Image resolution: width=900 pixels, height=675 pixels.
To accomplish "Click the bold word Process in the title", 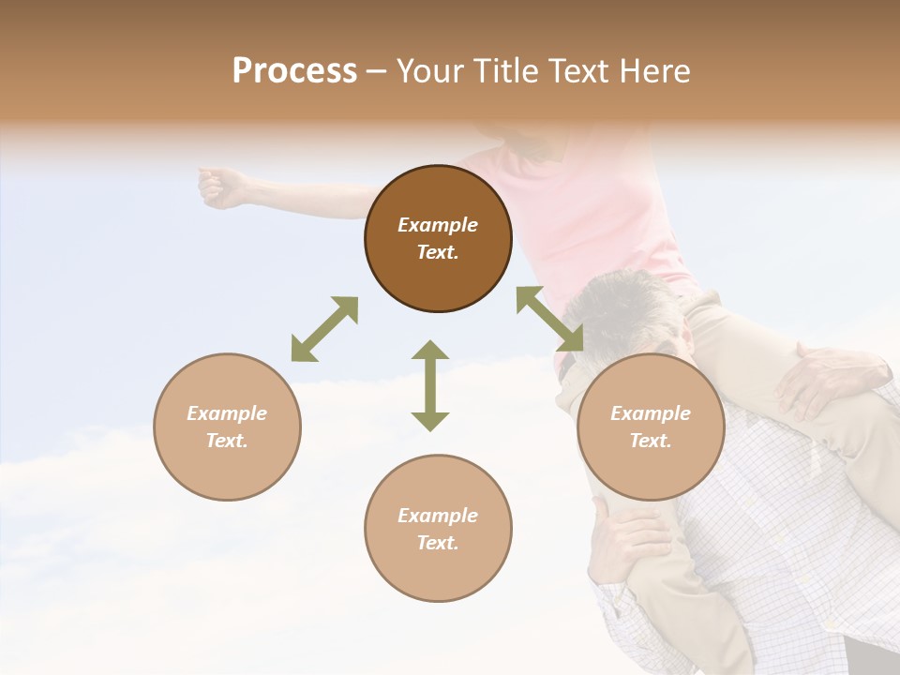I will click(294, 71).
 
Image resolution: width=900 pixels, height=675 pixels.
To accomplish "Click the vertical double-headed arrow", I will click(430, 385).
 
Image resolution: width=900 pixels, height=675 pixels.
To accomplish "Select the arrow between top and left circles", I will click(324, 329).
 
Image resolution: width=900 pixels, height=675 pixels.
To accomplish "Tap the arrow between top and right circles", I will click(549, 319).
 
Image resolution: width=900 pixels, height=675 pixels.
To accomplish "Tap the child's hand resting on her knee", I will click(825, 375).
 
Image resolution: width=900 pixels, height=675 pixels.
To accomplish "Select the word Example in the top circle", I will click(438, 225).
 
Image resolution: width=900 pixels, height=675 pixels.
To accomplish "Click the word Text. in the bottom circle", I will click(438, 543).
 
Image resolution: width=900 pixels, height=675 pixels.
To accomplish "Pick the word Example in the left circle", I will click(227, 413).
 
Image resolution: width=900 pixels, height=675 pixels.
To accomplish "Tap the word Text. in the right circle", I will click(651, 441).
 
